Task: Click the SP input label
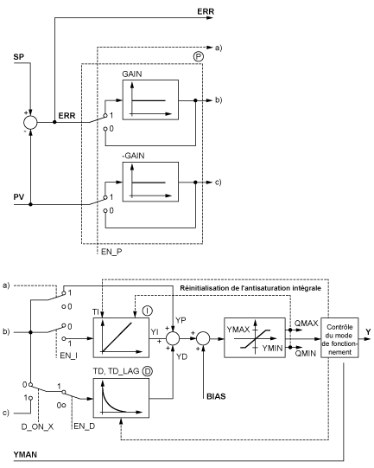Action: pos(18,57)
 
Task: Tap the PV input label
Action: pos(19,197)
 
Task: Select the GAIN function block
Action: pos(150,99)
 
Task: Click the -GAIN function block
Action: pos(150,182)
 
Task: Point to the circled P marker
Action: pos(198,56)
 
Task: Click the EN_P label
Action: pos(111,252)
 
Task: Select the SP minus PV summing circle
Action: pos(30,122)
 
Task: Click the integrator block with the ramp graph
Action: pos(121,337)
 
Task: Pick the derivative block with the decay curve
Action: pos(121,398)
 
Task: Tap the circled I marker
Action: pos(147,311)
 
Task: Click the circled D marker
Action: pos(147,371)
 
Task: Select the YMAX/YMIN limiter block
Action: pos(255,337)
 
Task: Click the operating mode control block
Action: pos(339,337)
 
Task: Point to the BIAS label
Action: pos(216,397)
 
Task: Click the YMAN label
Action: pos(25,454)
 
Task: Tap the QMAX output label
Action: pos(307,323)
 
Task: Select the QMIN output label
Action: pos(306,354)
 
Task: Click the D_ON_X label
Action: pos(37,426)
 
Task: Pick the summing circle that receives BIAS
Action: pos(203,338)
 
